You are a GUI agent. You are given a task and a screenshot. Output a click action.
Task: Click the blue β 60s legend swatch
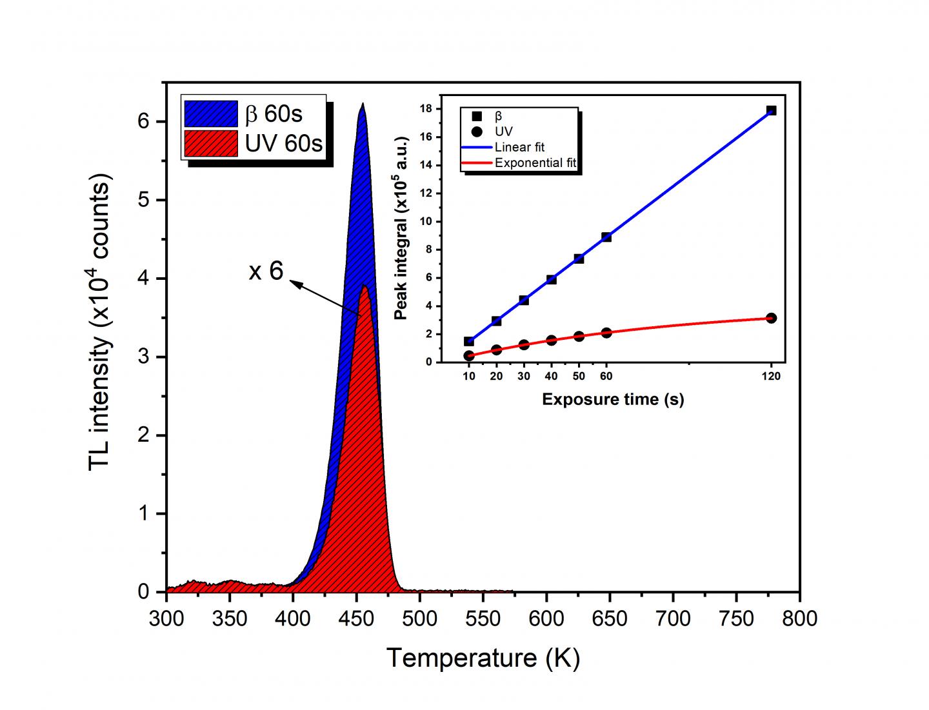coord(210,113)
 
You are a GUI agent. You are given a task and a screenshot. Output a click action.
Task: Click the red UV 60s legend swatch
coord(210,143)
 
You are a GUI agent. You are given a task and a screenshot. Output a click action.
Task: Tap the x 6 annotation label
coord(266,271)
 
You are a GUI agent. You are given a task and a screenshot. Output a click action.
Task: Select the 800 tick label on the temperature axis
coord(799,618)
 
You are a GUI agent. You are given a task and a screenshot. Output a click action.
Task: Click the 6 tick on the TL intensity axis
coord(144,121)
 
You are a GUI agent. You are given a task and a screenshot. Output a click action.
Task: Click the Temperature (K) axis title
coord(483,658)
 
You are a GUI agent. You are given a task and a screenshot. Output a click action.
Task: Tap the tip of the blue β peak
coord(363,104)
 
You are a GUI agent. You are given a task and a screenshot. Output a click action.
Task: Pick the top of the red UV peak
coord(365,286)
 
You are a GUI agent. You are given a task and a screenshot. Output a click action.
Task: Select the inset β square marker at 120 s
coord(771,110)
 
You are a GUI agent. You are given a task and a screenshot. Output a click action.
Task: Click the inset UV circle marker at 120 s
coord(771,318)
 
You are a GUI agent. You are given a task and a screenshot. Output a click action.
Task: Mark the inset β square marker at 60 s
coord(606,237)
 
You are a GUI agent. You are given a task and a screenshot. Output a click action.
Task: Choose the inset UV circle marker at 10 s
coord(469,355)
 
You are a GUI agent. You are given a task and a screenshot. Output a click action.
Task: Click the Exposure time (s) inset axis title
coord(612,399)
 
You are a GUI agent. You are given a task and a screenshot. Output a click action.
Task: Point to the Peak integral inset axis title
coord(401,228)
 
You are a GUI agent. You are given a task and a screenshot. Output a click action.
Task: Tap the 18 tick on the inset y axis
coord(426,109)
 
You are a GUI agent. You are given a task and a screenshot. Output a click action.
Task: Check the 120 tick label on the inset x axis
coord(771,376)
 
